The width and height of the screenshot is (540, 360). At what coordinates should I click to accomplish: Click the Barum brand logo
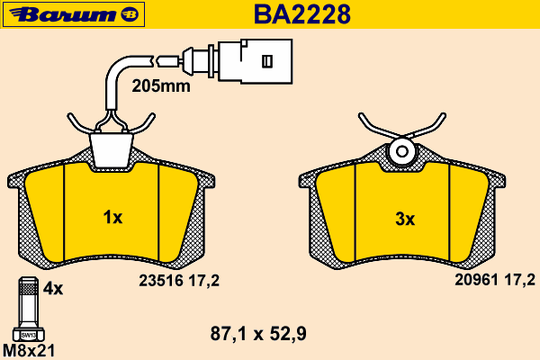[x=74, y=14]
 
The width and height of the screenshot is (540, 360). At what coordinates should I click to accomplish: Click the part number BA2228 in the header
[x=302, y=14]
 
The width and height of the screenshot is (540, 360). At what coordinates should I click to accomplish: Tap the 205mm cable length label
[x=161, y=85]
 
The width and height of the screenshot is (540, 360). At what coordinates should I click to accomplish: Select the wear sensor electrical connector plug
[x=255, y=61]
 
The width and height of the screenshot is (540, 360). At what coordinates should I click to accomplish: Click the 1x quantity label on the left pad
[x=112, y=218]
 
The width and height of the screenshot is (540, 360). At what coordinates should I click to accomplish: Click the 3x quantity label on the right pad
[x=405, y=219]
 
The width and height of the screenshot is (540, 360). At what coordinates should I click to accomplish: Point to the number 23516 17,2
[x=179, y=281]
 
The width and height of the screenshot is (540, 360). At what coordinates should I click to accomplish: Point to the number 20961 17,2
[x=495, y=280]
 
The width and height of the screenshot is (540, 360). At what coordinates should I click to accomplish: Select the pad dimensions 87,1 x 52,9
[x=258, y=334]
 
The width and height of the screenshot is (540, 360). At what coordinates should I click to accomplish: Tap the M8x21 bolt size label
[x=29, y=351]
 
